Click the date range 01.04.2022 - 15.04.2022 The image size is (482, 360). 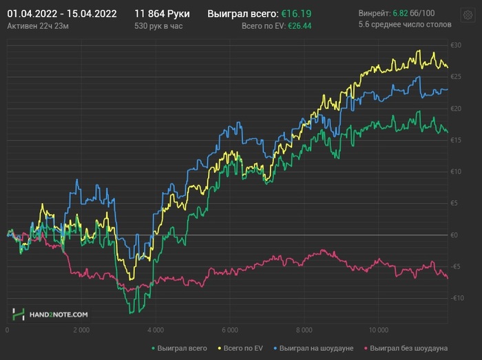coord(61,14)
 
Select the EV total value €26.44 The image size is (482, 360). coord(300,25)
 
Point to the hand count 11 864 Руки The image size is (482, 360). coord(162,14)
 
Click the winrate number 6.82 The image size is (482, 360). coord(399,14)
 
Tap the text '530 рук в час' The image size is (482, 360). coord(159,25)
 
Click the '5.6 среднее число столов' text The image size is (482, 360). coord(405,25)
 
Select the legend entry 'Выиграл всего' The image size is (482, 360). coord(180,348)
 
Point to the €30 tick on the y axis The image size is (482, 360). coord(454,45)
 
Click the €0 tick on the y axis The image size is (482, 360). coord(454,235)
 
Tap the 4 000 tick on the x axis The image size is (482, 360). coord(155,330)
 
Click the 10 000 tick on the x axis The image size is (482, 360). coord(378,330)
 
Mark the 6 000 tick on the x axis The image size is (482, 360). coord(229,330)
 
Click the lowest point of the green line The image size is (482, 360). coord(129,313)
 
